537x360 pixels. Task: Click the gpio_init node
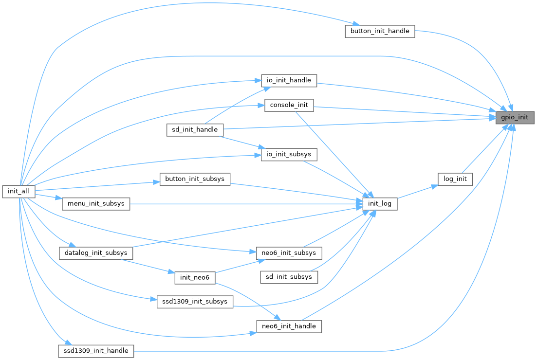(515, 117)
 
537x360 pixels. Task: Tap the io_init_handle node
(289, 80)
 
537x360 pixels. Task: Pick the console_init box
(289, 106)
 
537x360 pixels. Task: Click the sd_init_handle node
(195, 130)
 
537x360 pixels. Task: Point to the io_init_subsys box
(289, 155)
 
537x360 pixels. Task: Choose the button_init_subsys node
(195, 179)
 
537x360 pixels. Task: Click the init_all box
(19, 191)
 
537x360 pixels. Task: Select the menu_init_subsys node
(96, 204)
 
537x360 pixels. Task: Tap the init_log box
(380, 204)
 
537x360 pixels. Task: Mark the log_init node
(455, 179)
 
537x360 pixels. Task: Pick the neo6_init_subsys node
(289, 253)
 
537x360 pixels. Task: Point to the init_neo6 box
(195, 277)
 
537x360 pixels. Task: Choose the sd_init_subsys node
(289, 277)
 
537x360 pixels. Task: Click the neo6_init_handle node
(289, 326)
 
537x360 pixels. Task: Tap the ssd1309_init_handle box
(96, 351)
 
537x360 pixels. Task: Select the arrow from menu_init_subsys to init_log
(243, 204)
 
